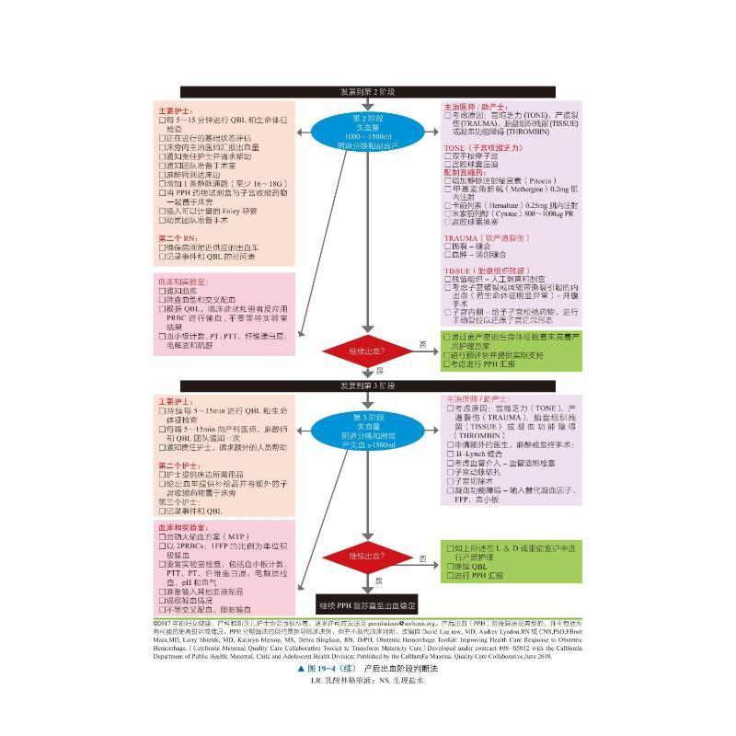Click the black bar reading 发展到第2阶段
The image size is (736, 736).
point(367,91)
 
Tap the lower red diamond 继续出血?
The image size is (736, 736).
point(367,558)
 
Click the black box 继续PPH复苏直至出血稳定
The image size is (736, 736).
point(367,606)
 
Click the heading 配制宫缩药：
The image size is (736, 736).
point(466,172)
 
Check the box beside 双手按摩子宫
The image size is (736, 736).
point(448,155)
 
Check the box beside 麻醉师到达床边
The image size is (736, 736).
point(162,174)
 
